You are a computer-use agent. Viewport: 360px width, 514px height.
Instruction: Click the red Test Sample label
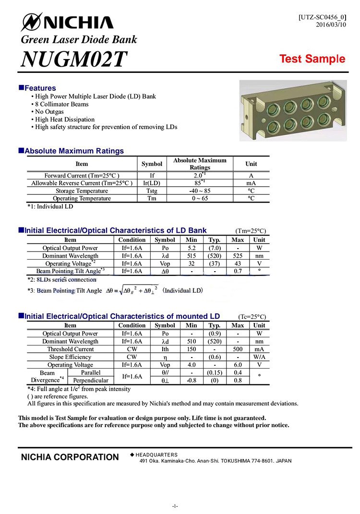pos(312,59)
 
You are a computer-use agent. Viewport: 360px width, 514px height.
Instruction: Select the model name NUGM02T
pos(74,59)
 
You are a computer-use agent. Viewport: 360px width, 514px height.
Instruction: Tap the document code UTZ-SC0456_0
pos(322,17)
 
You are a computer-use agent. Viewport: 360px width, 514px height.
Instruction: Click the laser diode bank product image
pos(293,111)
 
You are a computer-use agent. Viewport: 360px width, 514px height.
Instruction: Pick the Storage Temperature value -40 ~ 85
pos(200,191)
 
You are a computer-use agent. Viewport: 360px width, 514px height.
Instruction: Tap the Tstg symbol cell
pos(152,191)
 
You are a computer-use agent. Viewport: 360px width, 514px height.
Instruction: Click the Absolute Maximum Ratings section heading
pos(74,151)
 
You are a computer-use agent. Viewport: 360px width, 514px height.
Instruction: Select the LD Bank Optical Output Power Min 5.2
pos(192,248)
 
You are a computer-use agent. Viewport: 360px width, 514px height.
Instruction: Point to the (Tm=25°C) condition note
pos(250,231)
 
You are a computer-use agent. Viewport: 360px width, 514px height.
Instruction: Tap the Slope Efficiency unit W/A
pos(259,357)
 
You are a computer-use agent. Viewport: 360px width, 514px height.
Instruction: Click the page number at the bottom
pos(176,506)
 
